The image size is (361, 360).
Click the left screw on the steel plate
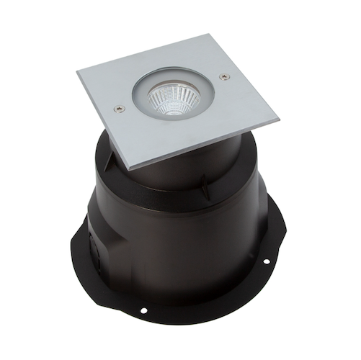(x=120, y=109)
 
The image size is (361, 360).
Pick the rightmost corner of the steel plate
(x=277, y=116)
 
